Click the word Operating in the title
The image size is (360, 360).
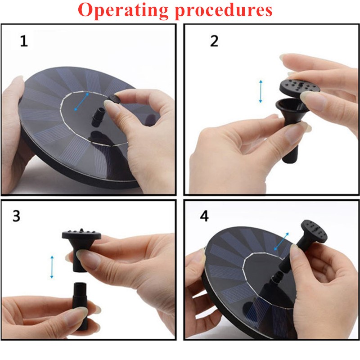point(123,10)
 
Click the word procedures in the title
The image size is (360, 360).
point(224,10)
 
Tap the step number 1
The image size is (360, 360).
point(24,41)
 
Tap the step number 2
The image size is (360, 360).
point(214,41)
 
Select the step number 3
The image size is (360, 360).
point(16,216)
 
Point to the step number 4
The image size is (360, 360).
point(204,216)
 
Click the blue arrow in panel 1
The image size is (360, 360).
point(81,102)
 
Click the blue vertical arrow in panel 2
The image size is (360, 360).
point(261,91)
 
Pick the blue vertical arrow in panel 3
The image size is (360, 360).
point(52,267)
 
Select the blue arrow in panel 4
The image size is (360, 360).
point(282,241)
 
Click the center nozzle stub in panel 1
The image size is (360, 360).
point(98,117)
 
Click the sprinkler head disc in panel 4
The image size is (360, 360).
point(314,232)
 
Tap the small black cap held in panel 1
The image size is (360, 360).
point(113,99)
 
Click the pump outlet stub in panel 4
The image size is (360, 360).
point(277,277)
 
